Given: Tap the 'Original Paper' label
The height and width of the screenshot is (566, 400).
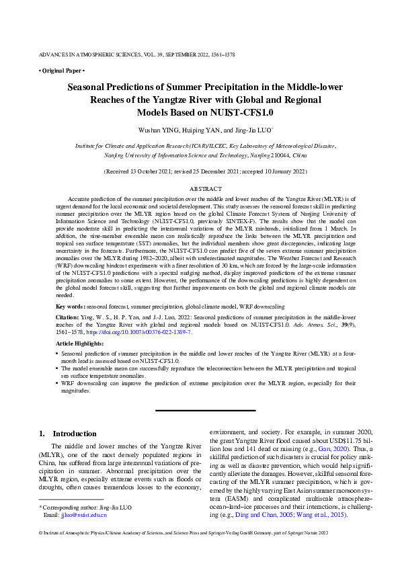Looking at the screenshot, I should (x=61, y=70).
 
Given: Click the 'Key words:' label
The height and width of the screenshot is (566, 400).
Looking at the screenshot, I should (x=70, y=306).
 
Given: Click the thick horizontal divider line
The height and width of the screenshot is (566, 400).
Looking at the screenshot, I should (x=206, y=410).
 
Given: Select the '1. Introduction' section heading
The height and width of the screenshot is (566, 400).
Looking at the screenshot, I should (x=71, y=434).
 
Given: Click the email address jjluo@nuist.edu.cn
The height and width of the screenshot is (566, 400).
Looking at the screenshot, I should (x=75, y=515).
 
